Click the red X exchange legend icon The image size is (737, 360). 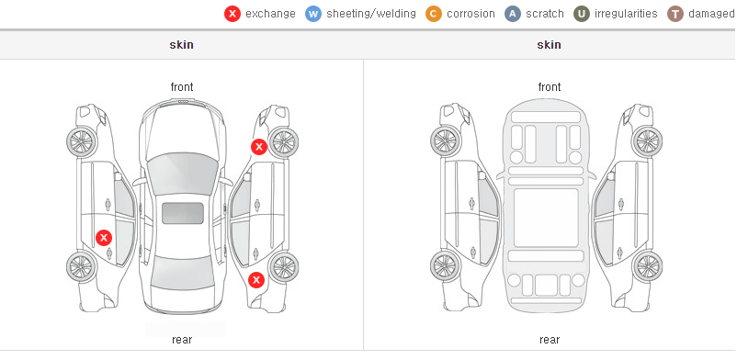[x=232, y=14]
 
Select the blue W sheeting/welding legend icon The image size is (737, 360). [x=313, y=14]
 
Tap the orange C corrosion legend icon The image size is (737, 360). [x=434, y=14]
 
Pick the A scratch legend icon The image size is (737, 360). [x=513, y=14]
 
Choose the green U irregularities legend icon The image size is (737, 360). [x=582, y=14]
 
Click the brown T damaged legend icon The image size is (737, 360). [x=675, y=14]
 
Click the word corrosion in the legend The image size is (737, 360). [x=471, y=14]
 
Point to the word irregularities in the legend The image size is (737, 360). [x=626, y=14]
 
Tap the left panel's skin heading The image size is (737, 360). [x=181, y=45]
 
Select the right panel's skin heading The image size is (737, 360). [x=549, y=45]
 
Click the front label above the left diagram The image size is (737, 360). [x=182, y=87]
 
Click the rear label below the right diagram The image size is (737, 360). [x=550, y=340]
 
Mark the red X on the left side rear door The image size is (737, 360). [x=104, y=238]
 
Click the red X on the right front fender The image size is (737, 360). [x=258, y=147]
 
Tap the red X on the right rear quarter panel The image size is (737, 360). [x=256, y=281]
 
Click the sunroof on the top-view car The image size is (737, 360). [x=183, y=213]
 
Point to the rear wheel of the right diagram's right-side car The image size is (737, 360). [x=647, y=266]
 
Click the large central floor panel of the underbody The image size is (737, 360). [x=546, y=218]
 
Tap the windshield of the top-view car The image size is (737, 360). [x=182, y=173]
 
